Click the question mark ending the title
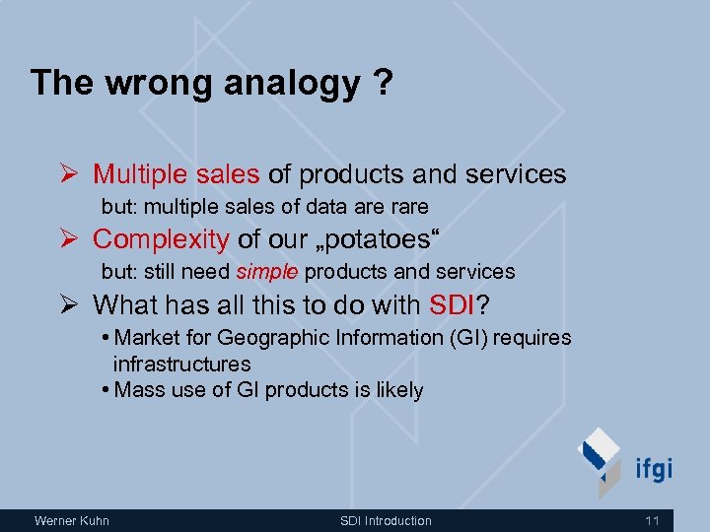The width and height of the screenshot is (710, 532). pos(382,83)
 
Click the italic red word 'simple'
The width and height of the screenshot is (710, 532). pos(266,271)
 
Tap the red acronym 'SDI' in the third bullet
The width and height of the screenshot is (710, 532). pos(454,303)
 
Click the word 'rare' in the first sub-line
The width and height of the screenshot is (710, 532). pos(409,207)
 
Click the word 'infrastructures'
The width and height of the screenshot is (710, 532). pos(181,364)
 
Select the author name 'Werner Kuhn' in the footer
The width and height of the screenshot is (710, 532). pos(72,520)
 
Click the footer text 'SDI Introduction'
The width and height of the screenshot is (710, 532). pos(386,520)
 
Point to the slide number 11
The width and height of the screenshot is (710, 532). pos(652,520)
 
